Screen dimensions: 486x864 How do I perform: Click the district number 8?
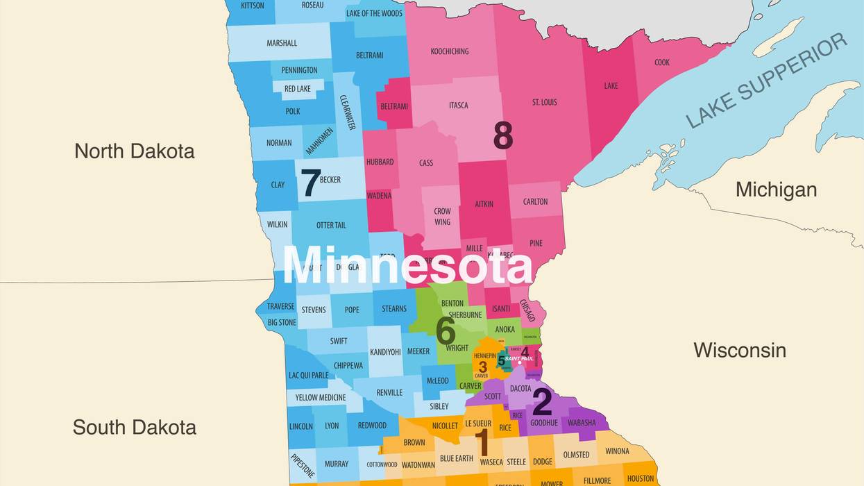pyautogui.click(x=503, y=135)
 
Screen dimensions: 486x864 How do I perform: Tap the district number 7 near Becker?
pyautogui.click(x=310, y=183)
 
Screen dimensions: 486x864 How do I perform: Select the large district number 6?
pyautogui.click(x=446, y=330)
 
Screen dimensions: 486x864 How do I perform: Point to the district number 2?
pyautogui.click(x=542, y=402)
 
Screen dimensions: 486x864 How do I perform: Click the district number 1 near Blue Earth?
pyautogui.click(x=481, y=442)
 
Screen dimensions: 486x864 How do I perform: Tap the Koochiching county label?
pyautogui.click(x=450, y=51)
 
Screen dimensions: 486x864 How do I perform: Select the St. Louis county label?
pyautogui.click(x=545, y=102)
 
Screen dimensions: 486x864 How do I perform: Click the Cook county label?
pyautogui.click(x=662, y=62)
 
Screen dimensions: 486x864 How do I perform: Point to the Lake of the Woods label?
pyautogui.click(x=374, y=13)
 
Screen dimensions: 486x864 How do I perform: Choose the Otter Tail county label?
pyautogui.click(x=331, y=225)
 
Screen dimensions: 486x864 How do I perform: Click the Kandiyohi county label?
pyautogui.click(x=385, y=352)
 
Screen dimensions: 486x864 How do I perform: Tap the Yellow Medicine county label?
pyautogui.click(x=320, y=398)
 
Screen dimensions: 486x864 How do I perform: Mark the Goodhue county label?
pyautogui.click(x=544, y=423)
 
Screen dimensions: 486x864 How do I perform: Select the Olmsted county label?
pyautogui.click(x=576, y=455)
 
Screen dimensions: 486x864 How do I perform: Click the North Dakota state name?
pyautogui.click(x=135, y=151)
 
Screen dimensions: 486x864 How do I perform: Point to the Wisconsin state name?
pyautogui.click(x=740, y=350)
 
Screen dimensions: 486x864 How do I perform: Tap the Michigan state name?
pyautogui.click(x=776, y=189)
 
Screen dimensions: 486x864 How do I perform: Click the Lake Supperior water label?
pyautogui.click(x=766, y=81)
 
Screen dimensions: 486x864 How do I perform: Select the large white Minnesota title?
pyautogui.click(x=407, y=265)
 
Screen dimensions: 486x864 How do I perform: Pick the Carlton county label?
pyautogui.click(x=535, y=201)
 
